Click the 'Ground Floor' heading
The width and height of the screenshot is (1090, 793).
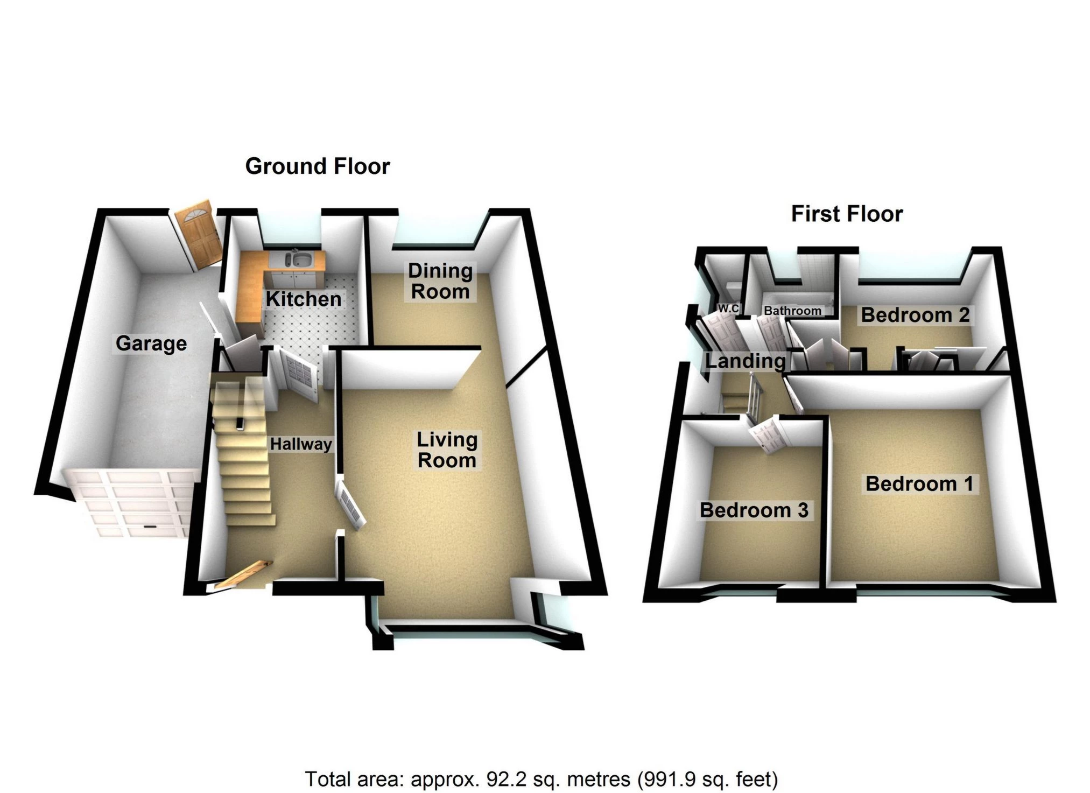coord(318,166)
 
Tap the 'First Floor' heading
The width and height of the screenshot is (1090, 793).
coord(847,214)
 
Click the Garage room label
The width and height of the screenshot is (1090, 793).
coord(151,343)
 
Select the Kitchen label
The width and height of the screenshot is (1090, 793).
coord(304,299)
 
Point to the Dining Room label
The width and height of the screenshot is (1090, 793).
coord(440,281)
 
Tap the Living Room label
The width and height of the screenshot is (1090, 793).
coord(447,450)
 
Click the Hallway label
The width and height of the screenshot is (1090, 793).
coord(301,444)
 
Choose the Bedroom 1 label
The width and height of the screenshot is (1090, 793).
coord(919,484)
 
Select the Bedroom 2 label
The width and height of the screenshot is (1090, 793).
coord(915,315)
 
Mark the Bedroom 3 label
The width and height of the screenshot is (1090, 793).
coord(754,510)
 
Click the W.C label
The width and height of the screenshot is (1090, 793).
coord(728,309)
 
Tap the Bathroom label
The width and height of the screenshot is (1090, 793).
coord(792,311)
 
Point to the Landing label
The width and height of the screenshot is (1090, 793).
coord(745,361)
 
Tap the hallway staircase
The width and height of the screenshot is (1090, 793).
coord(243,452)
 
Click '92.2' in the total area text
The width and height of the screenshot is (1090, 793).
coord(503,779)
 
